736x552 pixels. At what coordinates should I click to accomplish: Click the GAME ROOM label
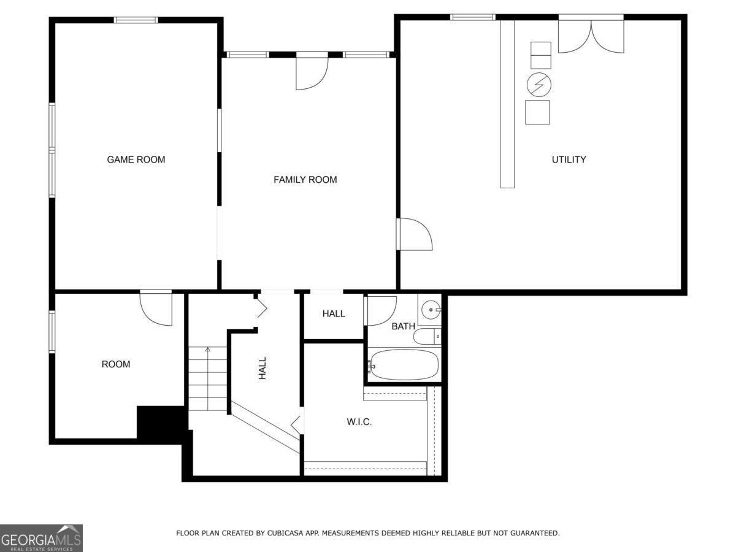tap(136, 159)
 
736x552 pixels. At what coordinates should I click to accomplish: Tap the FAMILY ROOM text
tap(305, 180)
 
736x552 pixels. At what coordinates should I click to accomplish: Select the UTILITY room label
tap(569, 159)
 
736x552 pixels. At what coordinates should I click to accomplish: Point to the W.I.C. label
tap(359, 422)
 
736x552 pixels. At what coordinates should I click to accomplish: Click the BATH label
tap(403, 326)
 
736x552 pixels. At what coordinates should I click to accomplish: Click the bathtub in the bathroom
tap(405, 365)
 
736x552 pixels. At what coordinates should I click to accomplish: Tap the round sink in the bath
tap(432, 310)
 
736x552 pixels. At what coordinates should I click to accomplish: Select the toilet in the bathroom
tap(427, 335)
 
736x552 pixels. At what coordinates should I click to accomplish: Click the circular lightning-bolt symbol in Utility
tap(539, 84)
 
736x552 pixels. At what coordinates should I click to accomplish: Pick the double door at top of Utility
tap(591, 36)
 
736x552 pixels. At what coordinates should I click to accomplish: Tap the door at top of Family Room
tap(312, 72)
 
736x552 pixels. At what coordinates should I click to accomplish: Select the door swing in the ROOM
tap(156, 309)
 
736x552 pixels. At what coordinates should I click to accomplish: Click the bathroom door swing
tap(381, 310)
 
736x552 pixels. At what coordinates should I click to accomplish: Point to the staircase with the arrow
tap(207, 379)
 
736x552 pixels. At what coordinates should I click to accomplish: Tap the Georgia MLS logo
tap(41, 538)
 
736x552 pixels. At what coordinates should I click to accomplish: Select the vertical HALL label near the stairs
tap(263, 368)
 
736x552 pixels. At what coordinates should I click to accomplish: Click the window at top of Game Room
tap(136, 20)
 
